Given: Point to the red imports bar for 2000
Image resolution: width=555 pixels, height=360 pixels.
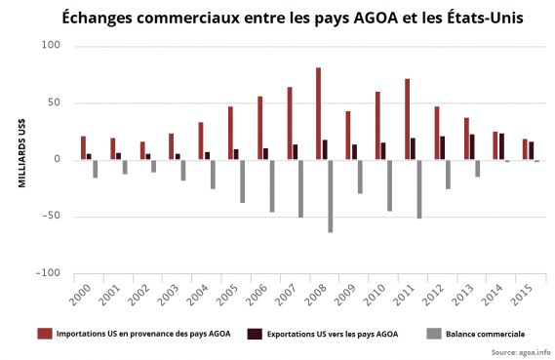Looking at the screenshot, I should click(83, 147).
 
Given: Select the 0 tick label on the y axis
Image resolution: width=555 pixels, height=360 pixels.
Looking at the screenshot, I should click(58, 159).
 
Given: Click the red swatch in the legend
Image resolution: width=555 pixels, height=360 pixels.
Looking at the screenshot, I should click(44, 335).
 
